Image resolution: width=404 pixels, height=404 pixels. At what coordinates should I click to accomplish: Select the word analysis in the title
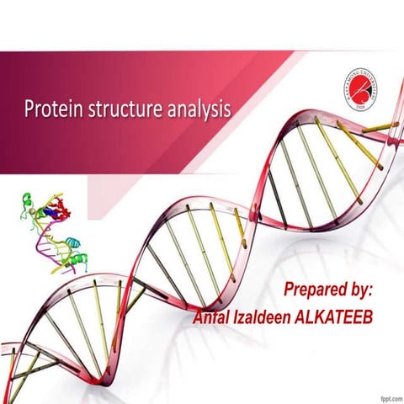click(196, 109)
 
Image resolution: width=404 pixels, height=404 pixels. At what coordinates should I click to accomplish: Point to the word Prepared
click(312, 290)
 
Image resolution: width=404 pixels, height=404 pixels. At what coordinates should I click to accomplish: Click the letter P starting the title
click(28, 109)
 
